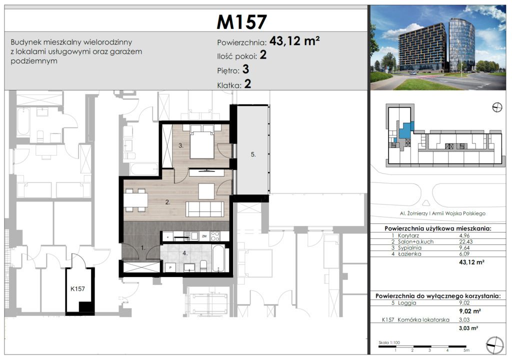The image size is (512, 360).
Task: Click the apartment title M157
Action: click(241, 22)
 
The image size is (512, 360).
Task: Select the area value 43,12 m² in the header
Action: click(294, 41)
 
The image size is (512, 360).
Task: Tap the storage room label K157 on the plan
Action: click(77, 289)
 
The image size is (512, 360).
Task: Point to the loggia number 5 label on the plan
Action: click(253, 154)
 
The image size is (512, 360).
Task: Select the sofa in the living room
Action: click(204, 209)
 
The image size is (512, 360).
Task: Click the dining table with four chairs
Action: click(135, 200)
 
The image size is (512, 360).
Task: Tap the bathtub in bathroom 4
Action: click(218, 258)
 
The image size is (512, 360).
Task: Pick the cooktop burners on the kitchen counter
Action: click(215, 236)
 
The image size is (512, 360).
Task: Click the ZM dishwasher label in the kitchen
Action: click(204, 236)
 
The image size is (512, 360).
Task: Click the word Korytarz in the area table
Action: click(408, 235)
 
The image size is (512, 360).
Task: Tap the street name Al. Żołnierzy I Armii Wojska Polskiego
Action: click(442, 213)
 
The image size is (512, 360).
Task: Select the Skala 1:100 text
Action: click(389, 342)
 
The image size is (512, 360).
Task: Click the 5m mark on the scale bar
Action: click(466, 350)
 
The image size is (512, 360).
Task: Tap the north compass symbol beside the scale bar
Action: click(495, 345)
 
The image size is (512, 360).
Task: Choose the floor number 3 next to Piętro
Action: click(245, 69)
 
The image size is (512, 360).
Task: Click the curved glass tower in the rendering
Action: click(461, 45)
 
